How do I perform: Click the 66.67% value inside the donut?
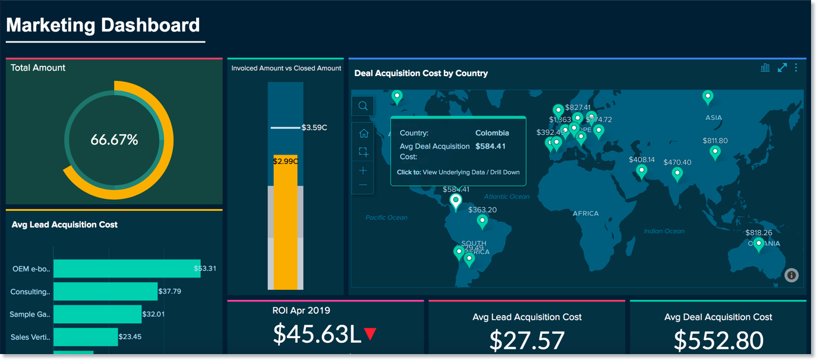pos(114,140)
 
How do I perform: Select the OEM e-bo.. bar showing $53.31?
pos(127,269)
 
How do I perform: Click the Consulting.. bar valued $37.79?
pos(105,292)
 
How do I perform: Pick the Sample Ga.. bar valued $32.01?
pos(97,314)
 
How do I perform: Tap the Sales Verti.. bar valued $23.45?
pos(86,337)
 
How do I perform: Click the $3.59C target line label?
pos(314,127)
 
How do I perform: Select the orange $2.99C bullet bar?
pos(285,226)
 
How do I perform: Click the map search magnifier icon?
pos(363,106)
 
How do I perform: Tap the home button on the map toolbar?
pos(363,134)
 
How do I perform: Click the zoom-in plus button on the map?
pos(363,170)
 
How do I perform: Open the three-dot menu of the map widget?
pos(796,68)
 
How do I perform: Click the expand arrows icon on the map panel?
pos(782,68)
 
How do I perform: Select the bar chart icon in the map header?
pos(765,68)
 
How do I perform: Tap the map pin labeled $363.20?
pos(482,222)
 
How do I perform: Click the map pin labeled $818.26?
pos(758,244)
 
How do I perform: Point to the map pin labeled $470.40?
pos(677,173)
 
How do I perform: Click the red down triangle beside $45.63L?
pos(371,334)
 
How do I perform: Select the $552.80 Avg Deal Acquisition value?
pos(718,340)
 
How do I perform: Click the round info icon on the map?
pos(791,275)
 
